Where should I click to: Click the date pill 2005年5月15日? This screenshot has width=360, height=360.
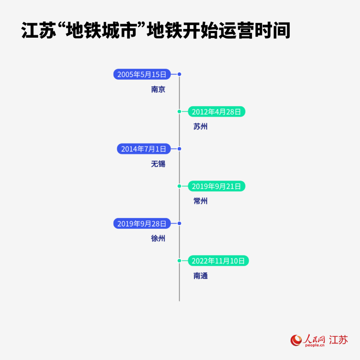(142, 74)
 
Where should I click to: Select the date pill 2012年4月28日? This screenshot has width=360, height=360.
(216, 112)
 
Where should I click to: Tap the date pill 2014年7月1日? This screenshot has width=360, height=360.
(144, 149)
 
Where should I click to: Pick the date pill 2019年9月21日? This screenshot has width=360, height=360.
(216, 186)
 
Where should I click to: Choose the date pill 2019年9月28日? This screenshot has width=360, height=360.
(142, 223)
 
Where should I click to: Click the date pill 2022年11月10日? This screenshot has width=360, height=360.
(218, 261)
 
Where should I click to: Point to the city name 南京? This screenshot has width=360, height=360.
(158, 89)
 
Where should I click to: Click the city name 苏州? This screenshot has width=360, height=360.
(200, 127)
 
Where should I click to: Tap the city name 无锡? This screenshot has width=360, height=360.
(158, 164)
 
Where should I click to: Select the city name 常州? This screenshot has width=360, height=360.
(200, 201)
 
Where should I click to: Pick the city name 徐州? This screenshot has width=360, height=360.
(158, 239)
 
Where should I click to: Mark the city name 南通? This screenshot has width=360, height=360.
(200, 276)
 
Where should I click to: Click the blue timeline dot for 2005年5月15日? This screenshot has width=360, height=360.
(179, 74)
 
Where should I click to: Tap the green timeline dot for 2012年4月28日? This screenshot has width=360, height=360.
(179, 112)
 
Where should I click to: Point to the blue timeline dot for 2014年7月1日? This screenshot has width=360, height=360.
(179, 149)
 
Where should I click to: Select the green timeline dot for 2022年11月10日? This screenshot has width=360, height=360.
(179, 261)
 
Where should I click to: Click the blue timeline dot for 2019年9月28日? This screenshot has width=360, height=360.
(179, 223)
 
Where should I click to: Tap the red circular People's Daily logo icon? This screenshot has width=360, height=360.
(296, 340)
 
